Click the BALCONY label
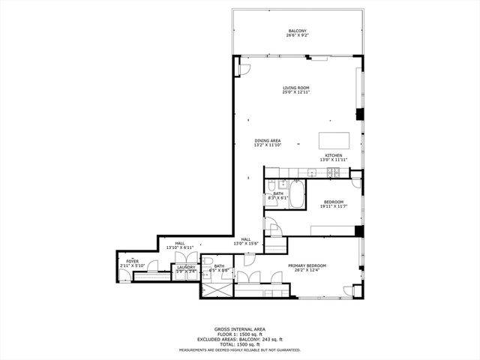click(297, 31)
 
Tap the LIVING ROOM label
click(296, 88)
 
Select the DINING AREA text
click(267, 140)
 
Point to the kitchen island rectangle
click(334, 140)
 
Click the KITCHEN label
click(333, 155)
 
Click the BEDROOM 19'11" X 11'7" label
click(333, 202)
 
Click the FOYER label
click(132, 261)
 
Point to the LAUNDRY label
click(186, 266)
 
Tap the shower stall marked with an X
click(217, 286)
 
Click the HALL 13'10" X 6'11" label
click(180, 243)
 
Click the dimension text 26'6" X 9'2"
click(297, 35)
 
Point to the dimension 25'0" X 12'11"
click(296, 93)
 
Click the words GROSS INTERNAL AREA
click(239, 328)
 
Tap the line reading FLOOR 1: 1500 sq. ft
click(239, 334)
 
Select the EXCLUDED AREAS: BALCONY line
click(239, 339)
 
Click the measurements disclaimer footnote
click(239, 349)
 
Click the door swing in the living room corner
click(243, 70)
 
